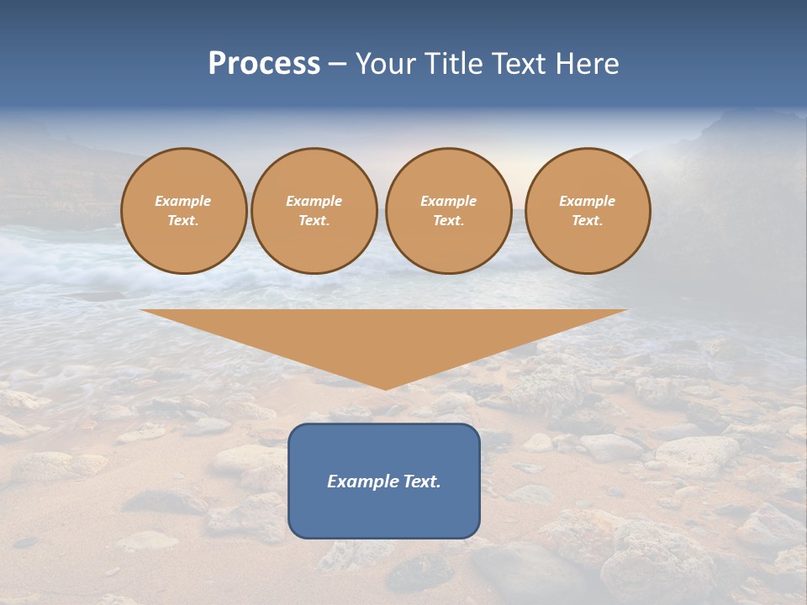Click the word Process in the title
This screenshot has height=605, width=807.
pyautogui.click(x=264, y=64)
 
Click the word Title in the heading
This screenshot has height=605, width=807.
pyautogui.click(x=453, y=64)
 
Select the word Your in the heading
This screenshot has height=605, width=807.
pyautogui.click(x=387, y=64)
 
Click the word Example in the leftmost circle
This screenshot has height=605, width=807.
pyautogui.click(x=183, y=201)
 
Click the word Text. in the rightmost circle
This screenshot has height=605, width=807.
pyautogui.click(x=588, y=220)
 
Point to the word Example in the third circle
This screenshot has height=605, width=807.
pyautogui.click(x=449, y=201)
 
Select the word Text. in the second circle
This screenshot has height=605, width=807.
pyautogui.click(x=314, y=220)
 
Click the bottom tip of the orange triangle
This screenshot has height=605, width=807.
pyautogui.click(x=385, y=387)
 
